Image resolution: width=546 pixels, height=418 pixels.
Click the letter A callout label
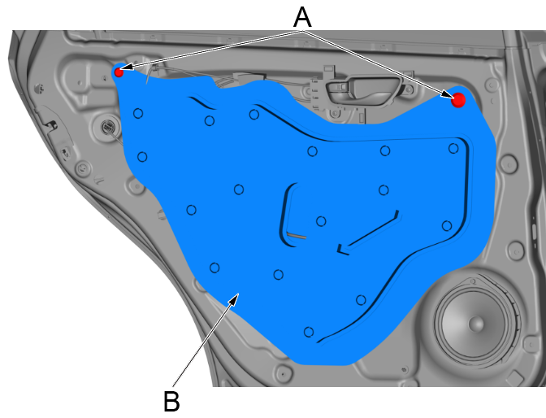(x=301, y=16)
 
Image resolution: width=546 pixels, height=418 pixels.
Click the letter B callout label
(x=171, y=401)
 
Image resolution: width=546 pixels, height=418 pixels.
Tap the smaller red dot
(x=119, y=72)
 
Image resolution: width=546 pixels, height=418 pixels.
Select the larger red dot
(x=458, y=99)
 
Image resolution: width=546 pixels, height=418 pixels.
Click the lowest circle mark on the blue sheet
(x=308, y=331)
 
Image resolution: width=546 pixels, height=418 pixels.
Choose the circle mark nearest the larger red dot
(x=453, y=148)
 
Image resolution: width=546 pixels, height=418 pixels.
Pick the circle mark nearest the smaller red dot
(x=138, y=114)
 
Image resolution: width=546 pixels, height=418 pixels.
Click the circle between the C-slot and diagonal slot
(x=321, y=221)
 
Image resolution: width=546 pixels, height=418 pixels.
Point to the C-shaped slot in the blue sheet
(x=285, y=213)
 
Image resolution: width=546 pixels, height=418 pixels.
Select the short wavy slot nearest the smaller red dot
(x=204, y=106)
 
